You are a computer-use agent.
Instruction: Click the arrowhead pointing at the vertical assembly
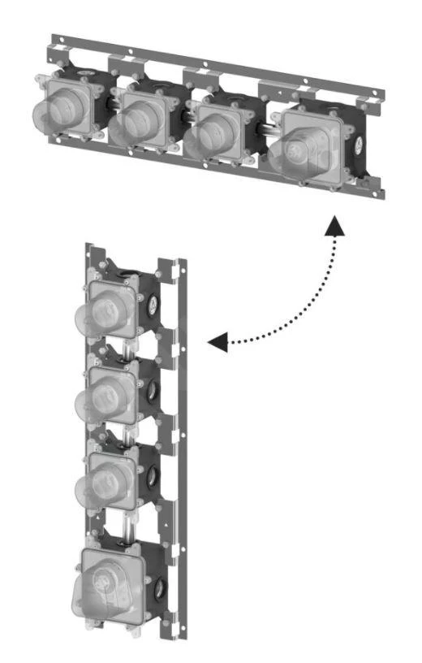[216, 343]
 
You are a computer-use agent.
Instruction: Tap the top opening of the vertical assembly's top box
[127, 275]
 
